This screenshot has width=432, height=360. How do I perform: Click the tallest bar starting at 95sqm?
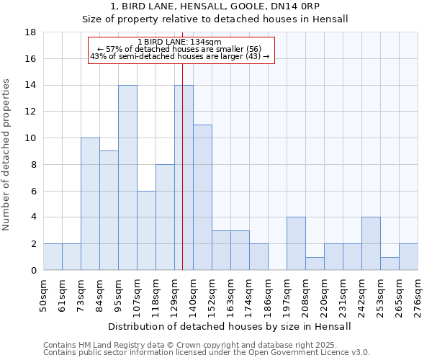coord(127,177)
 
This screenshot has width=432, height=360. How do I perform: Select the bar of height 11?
coord(202,197)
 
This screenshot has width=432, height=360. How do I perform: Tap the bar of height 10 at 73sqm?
coord(90,204)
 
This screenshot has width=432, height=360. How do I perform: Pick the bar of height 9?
coord(109,210)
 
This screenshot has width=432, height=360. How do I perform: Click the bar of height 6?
coord(146,230)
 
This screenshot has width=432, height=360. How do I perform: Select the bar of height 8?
coord(165,217)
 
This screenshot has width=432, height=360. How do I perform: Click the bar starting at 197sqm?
coord(296,243)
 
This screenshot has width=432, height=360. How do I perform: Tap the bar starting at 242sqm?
coord(371,243)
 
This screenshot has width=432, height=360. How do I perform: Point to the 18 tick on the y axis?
coord(31,32)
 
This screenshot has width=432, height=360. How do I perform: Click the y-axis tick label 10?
coord(31,138)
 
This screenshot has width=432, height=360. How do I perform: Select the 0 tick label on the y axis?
coord(34,271)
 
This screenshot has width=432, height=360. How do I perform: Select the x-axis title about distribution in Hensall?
coord(230,326)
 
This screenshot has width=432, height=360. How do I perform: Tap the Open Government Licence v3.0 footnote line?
coord(207,353)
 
